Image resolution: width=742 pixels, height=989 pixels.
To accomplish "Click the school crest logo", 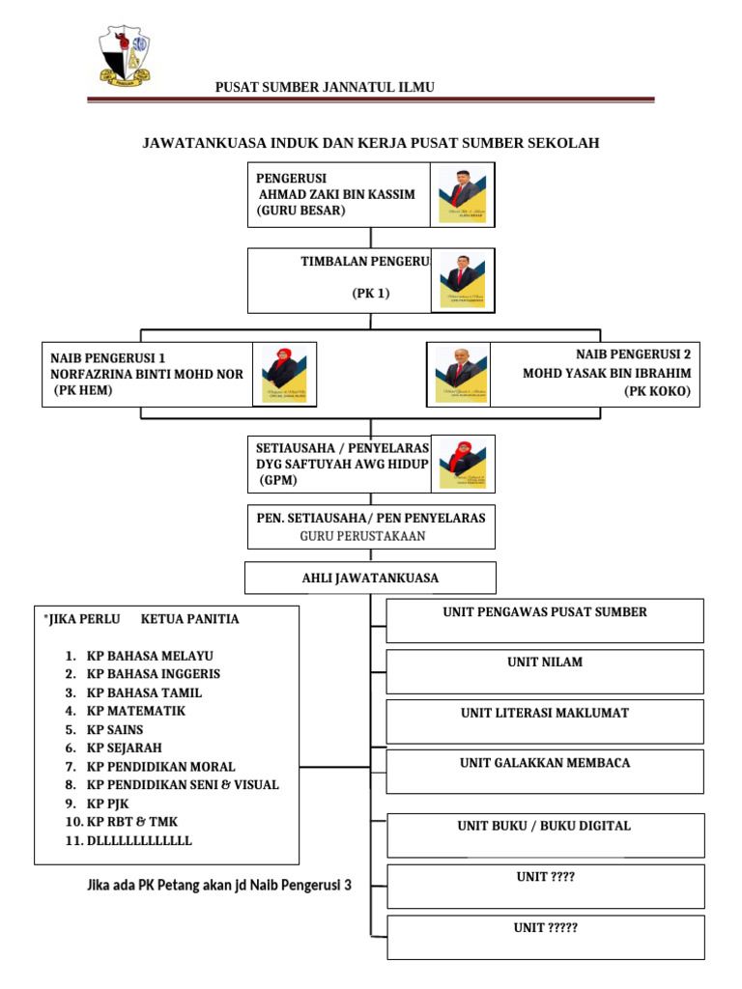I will [125, 57].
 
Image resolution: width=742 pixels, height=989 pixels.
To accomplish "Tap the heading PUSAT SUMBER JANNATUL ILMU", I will [325, 87].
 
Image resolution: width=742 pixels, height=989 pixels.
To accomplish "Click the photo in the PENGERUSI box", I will [463, 196].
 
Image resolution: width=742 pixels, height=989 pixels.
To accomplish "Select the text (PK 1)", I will [370, 294].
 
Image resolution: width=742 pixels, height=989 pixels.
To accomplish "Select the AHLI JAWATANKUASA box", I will [370, 579].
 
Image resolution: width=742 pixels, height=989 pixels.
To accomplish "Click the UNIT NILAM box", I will [545, 671].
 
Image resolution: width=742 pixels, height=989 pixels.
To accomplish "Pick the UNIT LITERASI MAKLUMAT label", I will [545, 713].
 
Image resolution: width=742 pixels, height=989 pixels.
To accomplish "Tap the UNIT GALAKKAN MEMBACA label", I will [545, 763].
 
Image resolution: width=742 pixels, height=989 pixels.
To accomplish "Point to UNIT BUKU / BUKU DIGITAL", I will [544, 826].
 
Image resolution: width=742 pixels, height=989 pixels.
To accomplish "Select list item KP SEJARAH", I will [125, 748].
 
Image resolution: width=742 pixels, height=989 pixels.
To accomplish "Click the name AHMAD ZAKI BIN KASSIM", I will [336, 194].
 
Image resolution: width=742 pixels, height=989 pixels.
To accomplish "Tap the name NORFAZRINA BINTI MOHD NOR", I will [147, 374].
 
